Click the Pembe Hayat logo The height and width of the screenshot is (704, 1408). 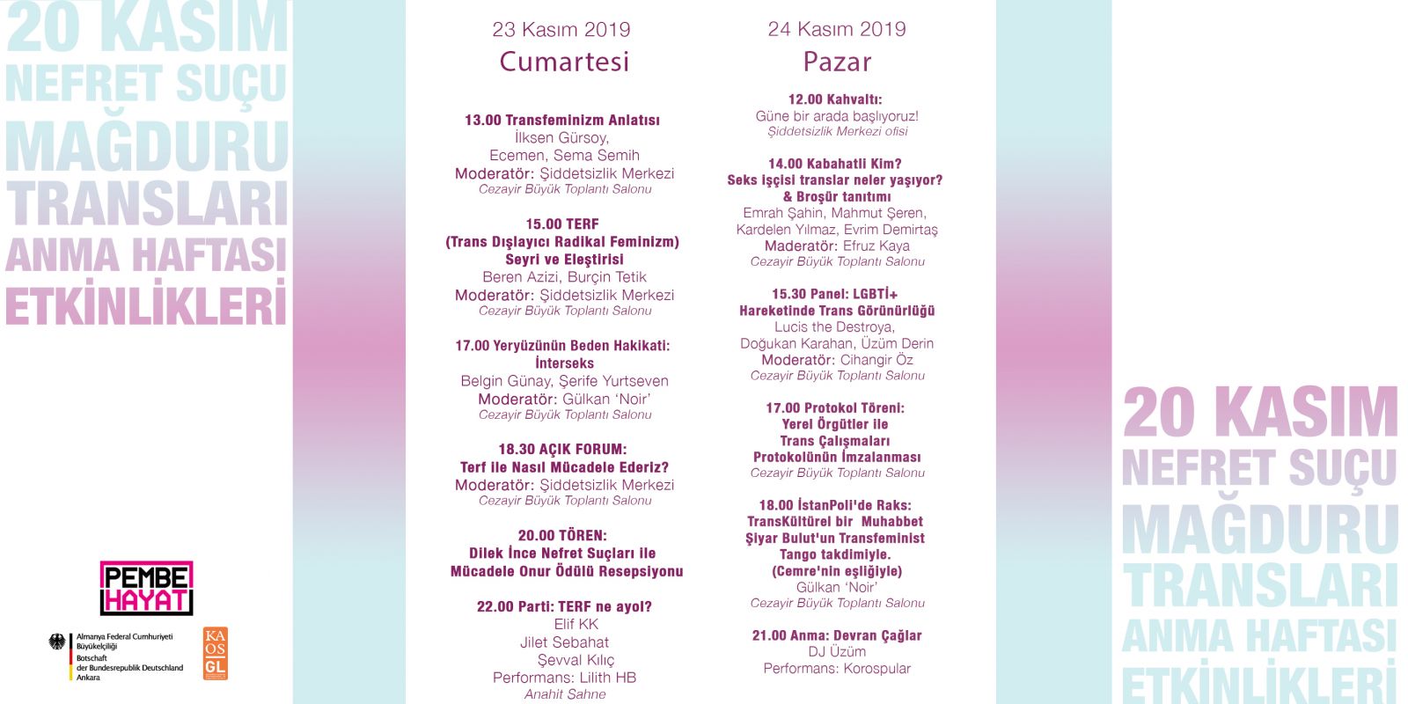tap(146, 588)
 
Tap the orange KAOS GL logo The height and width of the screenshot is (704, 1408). tap(215, 654)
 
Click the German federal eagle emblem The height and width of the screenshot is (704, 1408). tap(58, 642)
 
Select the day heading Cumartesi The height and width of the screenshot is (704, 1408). tap(564, 62)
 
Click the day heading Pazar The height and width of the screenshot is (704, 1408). tap(837, 62)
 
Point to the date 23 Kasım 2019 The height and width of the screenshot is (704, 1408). tap(561, 29)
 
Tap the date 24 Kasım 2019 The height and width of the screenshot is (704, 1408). tap(837, 29)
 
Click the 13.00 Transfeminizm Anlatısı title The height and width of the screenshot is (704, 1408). tap(562, 121)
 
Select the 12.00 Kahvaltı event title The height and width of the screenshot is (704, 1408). tap(835, 99)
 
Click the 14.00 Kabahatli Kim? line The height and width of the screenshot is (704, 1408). tap(835, 164)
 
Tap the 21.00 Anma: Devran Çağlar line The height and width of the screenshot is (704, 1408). tap(837, 635)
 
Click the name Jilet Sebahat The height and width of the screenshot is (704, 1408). tap(564, 642)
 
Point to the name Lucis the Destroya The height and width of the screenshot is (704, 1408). tap(834, 327)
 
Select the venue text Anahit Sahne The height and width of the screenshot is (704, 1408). tap(565, 694)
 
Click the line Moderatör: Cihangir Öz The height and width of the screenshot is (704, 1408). tap(837, 360)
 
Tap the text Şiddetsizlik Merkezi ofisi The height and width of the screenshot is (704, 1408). tap(837, 132)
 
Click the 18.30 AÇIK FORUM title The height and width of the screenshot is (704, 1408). tap(562, 449)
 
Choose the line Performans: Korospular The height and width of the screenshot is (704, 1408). tap(837, 669)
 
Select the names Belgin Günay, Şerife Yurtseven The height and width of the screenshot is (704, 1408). tap(564, 381)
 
